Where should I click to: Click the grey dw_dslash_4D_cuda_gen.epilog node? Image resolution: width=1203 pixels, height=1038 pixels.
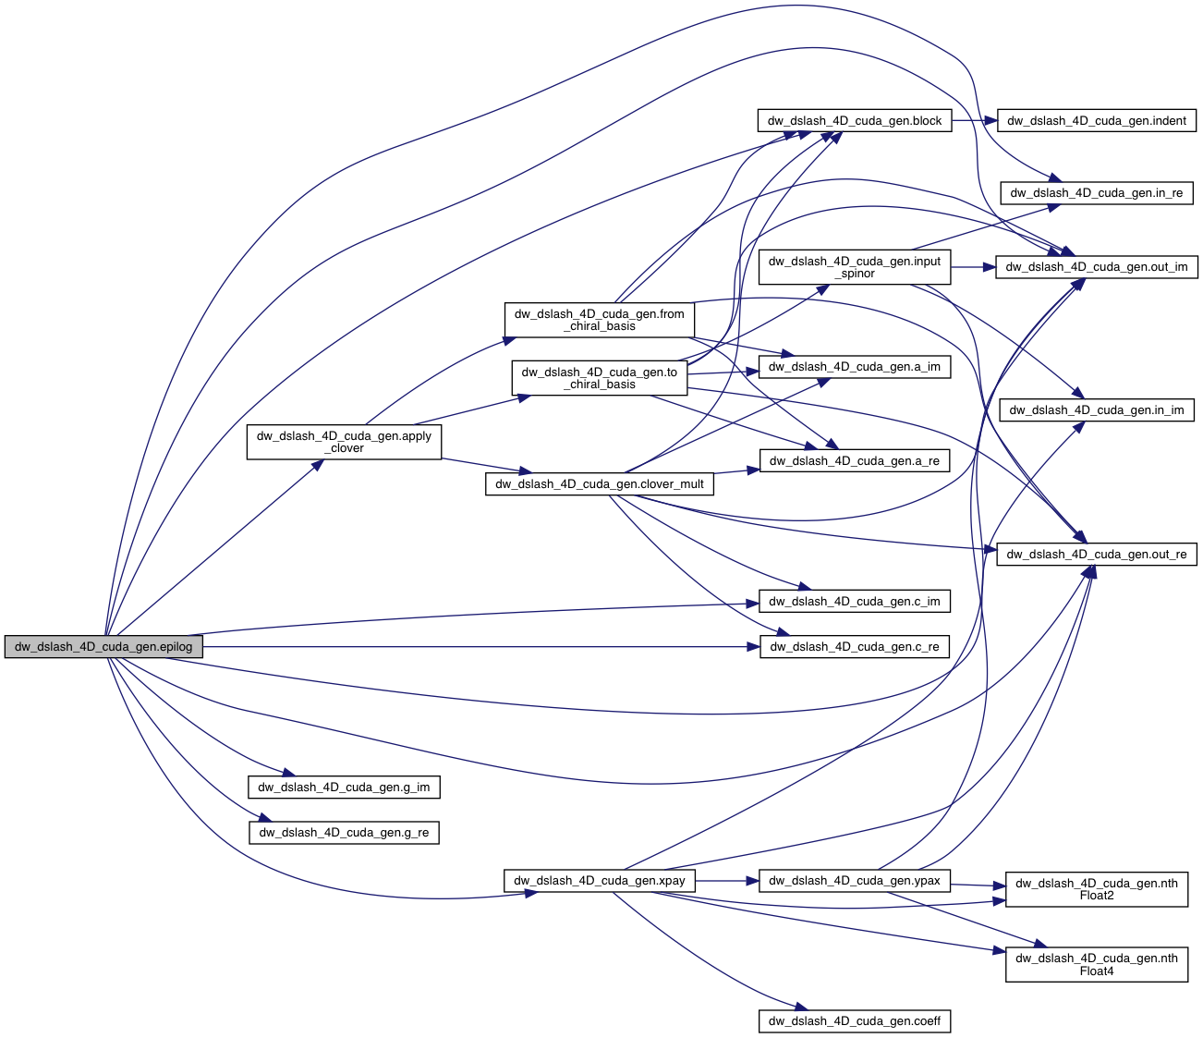coord(103,647)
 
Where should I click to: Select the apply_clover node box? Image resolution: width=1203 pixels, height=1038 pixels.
coord(344,442)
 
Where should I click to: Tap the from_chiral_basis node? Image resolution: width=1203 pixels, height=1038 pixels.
coord(599,320)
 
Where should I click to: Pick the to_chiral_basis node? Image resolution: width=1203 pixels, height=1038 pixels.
coord(599,378)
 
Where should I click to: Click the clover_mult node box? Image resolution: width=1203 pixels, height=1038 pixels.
coord(599,484)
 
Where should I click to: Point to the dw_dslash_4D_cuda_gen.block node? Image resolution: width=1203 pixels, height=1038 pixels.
coord(854,121)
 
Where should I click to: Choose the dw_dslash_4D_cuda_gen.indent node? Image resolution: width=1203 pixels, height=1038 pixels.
coord(1096,121)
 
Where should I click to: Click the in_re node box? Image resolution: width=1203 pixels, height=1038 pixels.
coord(1096,193)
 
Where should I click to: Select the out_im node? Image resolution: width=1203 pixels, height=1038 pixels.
coord(1096,267)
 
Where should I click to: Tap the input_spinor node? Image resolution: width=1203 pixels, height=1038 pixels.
coord(854,267)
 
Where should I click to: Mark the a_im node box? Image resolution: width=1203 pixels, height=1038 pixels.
coord(854,367)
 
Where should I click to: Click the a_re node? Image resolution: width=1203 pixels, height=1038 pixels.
coord(854,461)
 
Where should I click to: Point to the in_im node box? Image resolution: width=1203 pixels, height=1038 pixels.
coord(1096,410)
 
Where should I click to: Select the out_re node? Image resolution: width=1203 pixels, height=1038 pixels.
coord(1096,555)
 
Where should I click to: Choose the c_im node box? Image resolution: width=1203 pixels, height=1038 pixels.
coord(854,602)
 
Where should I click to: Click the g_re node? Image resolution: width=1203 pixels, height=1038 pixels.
coord(344,833)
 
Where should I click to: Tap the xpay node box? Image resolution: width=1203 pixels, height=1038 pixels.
coord(599,881)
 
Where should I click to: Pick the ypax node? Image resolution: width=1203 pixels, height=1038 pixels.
coord(854,881)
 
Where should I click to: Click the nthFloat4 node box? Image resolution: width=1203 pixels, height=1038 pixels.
coord(1096,965)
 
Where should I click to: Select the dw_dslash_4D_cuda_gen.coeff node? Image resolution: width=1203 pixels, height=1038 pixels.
coord(854,1021)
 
